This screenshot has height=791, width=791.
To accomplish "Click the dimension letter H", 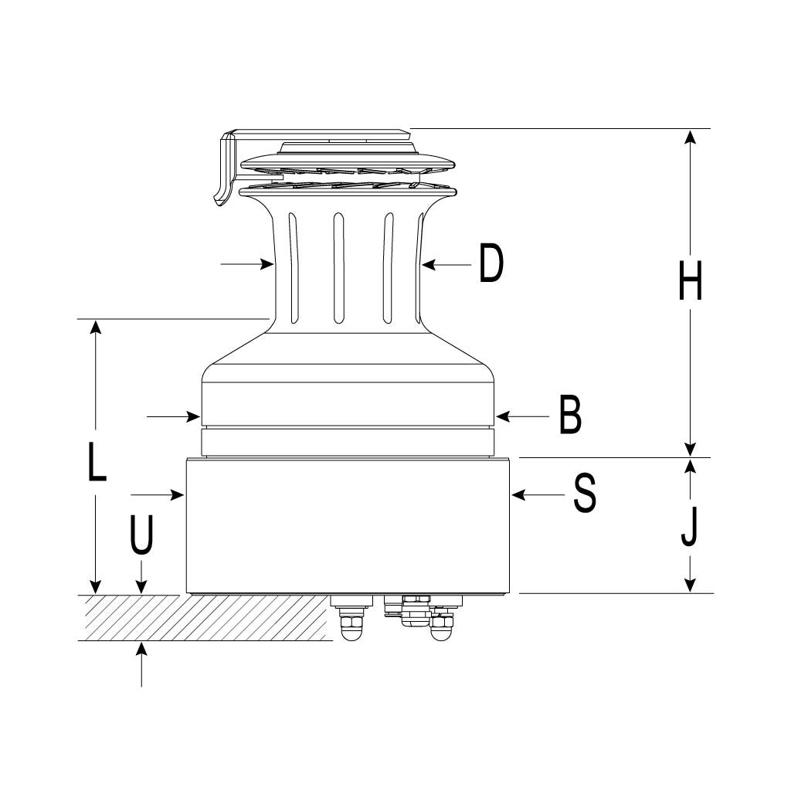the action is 690,281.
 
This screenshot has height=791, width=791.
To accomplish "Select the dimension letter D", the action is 491,263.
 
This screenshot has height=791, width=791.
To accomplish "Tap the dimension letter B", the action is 571,415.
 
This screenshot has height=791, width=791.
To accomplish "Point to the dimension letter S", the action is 585,494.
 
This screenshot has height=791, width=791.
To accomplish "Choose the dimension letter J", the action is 689,526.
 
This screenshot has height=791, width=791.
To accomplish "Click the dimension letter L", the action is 97,461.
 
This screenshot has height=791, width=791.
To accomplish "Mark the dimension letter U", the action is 141,535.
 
